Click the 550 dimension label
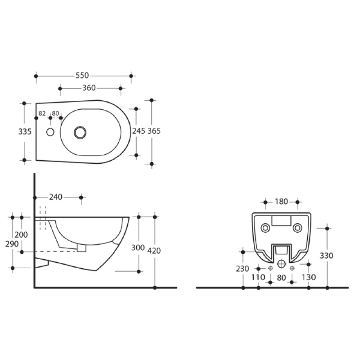click(82, 75)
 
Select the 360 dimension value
click(89, 88)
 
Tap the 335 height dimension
click(25, 131)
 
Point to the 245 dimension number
click(139, 131)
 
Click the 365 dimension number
click(154, 131)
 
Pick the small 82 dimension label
click(42, 113)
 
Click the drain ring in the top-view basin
click(80, 132)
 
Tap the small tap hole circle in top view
click(50, 132)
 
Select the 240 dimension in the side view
click(56, 197)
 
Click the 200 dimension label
click(21, 234)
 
